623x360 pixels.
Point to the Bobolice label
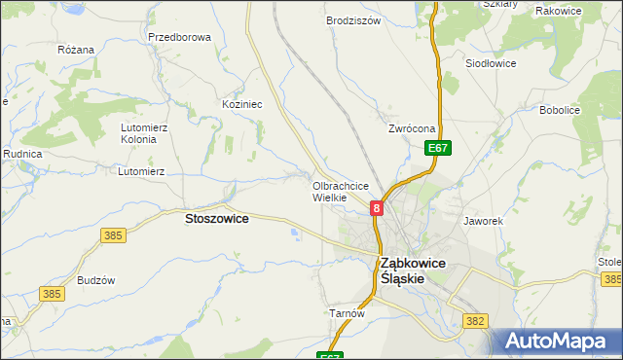click(x=560, y=110)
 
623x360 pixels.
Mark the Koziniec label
click(x=242, y=103)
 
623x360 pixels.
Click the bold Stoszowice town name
click(x=216, y=220)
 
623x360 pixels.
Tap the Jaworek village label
click(x=483, y=221)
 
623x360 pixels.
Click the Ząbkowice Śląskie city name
click(x=413, y=270)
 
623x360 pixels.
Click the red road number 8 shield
click(x=376, y=207)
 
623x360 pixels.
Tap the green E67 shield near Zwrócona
click(x=438, y=148)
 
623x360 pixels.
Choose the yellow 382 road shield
click(x=475, y=320)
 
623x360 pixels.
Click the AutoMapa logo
click(x=557, y=342)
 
